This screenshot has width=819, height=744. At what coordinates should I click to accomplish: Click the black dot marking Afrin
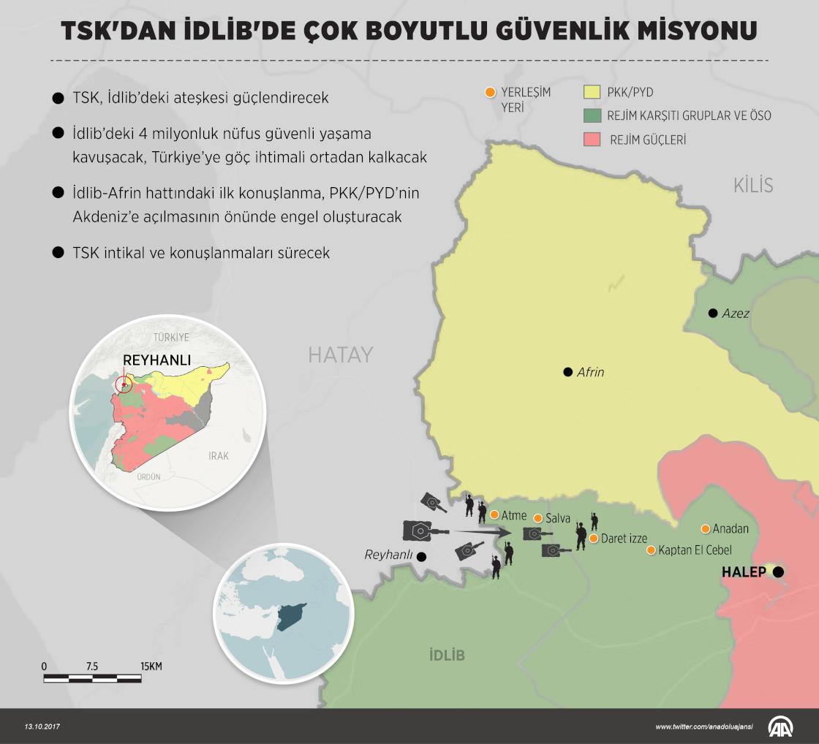[567, 372]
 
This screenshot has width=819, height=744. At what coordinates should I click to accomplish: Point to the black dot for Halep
[779, 572]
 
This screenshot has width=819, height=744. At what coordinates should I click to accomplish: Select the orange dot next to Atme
[494, 515]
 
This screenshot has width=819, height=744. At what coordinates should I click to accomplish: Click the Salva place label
[558, 518]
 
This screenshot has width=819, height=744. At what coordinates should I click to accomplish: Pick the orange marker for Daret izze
[594, 539]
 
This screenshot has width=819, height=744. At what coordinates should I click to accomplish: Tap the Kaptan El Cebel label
[695, 550]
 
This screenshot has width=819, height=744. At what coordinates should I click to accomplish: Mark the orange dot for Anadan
[706, 528]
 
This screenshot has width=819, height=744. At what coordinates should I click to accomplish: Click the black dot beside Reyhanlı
[421, 555]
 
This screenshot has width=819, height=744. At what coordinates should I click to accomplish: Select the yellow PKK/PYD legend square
[592, 93]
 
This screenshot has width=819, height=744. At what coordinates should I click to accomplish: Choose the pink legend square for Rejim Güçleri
[592, 139]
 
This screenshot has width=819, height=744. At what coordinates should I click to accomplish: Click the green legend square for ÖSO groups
[592, 115]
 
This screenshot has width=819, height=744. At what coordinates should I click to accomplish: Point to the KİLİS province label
[752, 185]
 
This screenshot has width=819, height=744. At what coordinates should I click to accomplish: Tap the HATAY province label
[340, 355]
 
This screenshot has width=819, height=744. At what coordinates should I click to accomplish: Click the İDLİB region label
[447, 654]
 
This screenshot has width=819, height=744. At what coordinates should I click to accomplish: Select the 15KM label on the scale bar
[151, 667]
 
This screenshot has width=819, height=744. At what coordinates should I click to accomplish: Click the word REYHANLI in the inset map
[156, 360]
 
